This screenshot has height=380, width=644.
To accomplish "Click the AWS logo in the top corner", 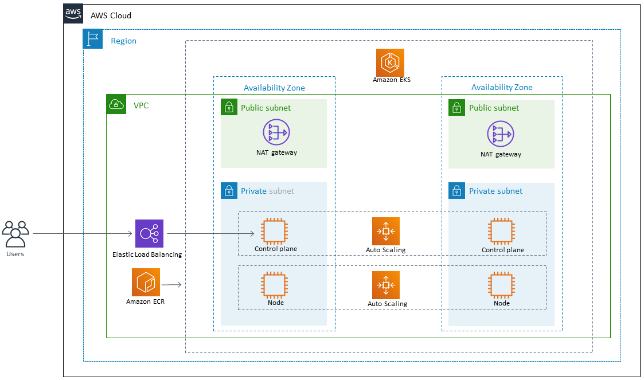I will [x=73, y=14].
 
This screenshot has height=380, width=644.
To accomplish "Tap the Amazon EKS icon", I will [x=391, y=62].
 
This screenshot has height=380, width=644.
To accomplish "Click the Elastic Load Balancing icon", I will [x=149, y=233].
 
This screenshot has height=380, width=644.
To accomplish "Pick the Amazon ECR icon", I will [x=145, y=283].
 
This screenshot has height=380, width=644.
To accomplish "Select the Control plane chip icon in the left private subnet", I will [x=276, y=232].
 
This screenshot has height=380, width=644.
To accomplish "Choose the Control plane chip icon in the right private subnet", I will [x=502, y=232].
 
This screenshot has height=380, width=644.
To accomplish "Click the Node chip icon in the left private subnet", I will [x=276, y=285].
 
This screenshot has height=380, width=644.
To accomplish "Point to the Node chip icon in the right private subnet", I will [x=502, y=285].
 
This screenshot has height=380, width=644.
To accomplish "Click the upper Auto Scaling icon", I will [x=386, y=232].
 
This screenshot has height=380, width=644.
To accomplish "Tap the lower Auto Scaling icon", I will [x=386, y=285].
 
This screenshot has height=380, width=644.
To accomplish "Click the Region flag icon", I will [x=93, y=39].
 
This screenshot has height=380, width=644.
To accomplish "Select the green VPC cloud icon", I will [x=116, y=104].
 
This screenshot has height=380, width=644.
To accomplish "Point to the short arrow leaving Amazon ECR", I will [x=171, y=284].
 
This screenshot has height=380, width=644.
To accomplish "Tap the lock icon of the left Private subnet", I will [x=229, y=191].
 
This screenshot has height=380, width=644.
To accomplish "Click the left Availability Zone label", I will [x=274, y=88].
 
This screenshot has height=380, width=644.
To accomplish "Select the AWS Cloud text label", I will [x=111, y=15].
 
